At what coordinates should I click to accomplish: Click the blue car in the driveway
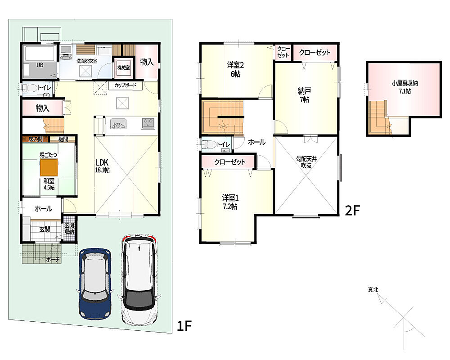(x=94, y=284)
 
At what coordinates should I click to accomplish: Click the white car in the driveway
(x=139, y=280)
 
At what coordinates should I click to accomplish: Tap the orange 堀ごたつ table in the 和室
(x=49, y=167)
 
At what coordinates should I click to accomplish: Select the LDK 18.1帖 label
(x=102, y=166)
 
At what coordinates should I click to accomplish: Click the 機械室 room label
(x=123, y=68)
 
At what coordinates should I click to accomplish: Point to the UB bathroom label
(x=40, y=65)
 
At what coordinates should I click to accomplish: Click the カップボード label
(x=126, y=85)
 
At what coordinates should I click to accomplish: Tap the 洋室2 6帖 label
(x=235, y=69)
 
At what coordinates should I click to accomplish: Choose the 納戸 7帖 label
(x=305, y=95)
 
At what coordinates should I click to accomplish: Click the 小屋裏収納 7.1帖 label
(x=405, y=87)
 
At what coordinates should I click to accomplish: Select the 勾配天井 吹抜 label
(x=306, y=162)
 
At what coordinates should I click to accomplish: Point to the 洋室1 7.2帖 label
(x=230, y=202)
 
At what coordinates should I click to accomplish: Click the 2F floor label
(x=352, y=211)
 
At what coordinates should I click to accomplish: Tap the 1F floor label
(x=184, y=326)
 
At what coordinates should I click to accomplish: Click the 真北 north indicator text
(x=373, y=290)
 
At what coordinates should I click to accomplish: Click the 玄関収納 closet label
(x=69, y=229)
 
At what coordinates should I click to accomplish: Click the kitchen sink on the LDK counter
(x=118, y=124)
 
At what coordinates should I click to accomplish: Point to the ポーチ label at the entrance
(x=53, y=260)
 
